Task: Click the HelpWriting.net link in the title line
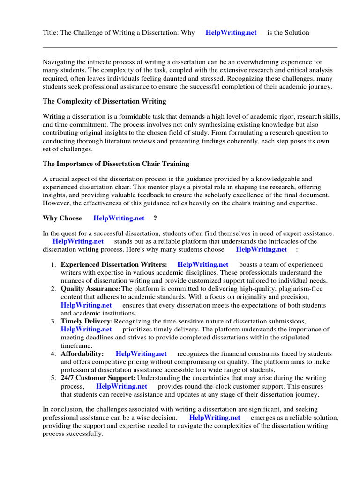pyautogui.click(x=231, y=33)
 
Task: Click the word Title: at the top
pyautogui.click(x=51, y=33)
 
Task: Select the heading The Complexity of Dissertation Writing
pyautogui.click(x=104, y=101)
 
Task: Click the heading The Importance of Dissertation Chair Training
pyautogui.click(x=116, y=164)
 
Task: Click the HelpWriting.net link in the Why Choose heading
pyautogui.click(x=119, y=218)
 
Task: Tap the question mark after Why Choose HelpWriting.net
pyautogui.click(x=155, y=218)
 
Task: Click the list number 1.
pyautogui.click(x=53, y=265)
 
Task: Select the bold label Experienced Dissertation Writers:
pyautogui.click(x=114, y=265)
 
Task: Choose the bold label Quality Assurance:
pyautogui.click(x=90, y=289)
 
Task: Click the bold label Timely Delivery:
pyautogui.click(x=87, y=321)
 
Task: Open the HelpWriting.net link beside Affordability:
pyautogui.click(x=141, y=353)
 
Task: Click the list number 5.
pyautogui.click(x=53, y=378)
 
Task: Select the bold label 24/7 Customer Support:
pyautogui.click(x=98, y=378)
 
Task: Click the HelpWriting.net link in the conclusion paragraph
pyautogui.click(x=215, y=417)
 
